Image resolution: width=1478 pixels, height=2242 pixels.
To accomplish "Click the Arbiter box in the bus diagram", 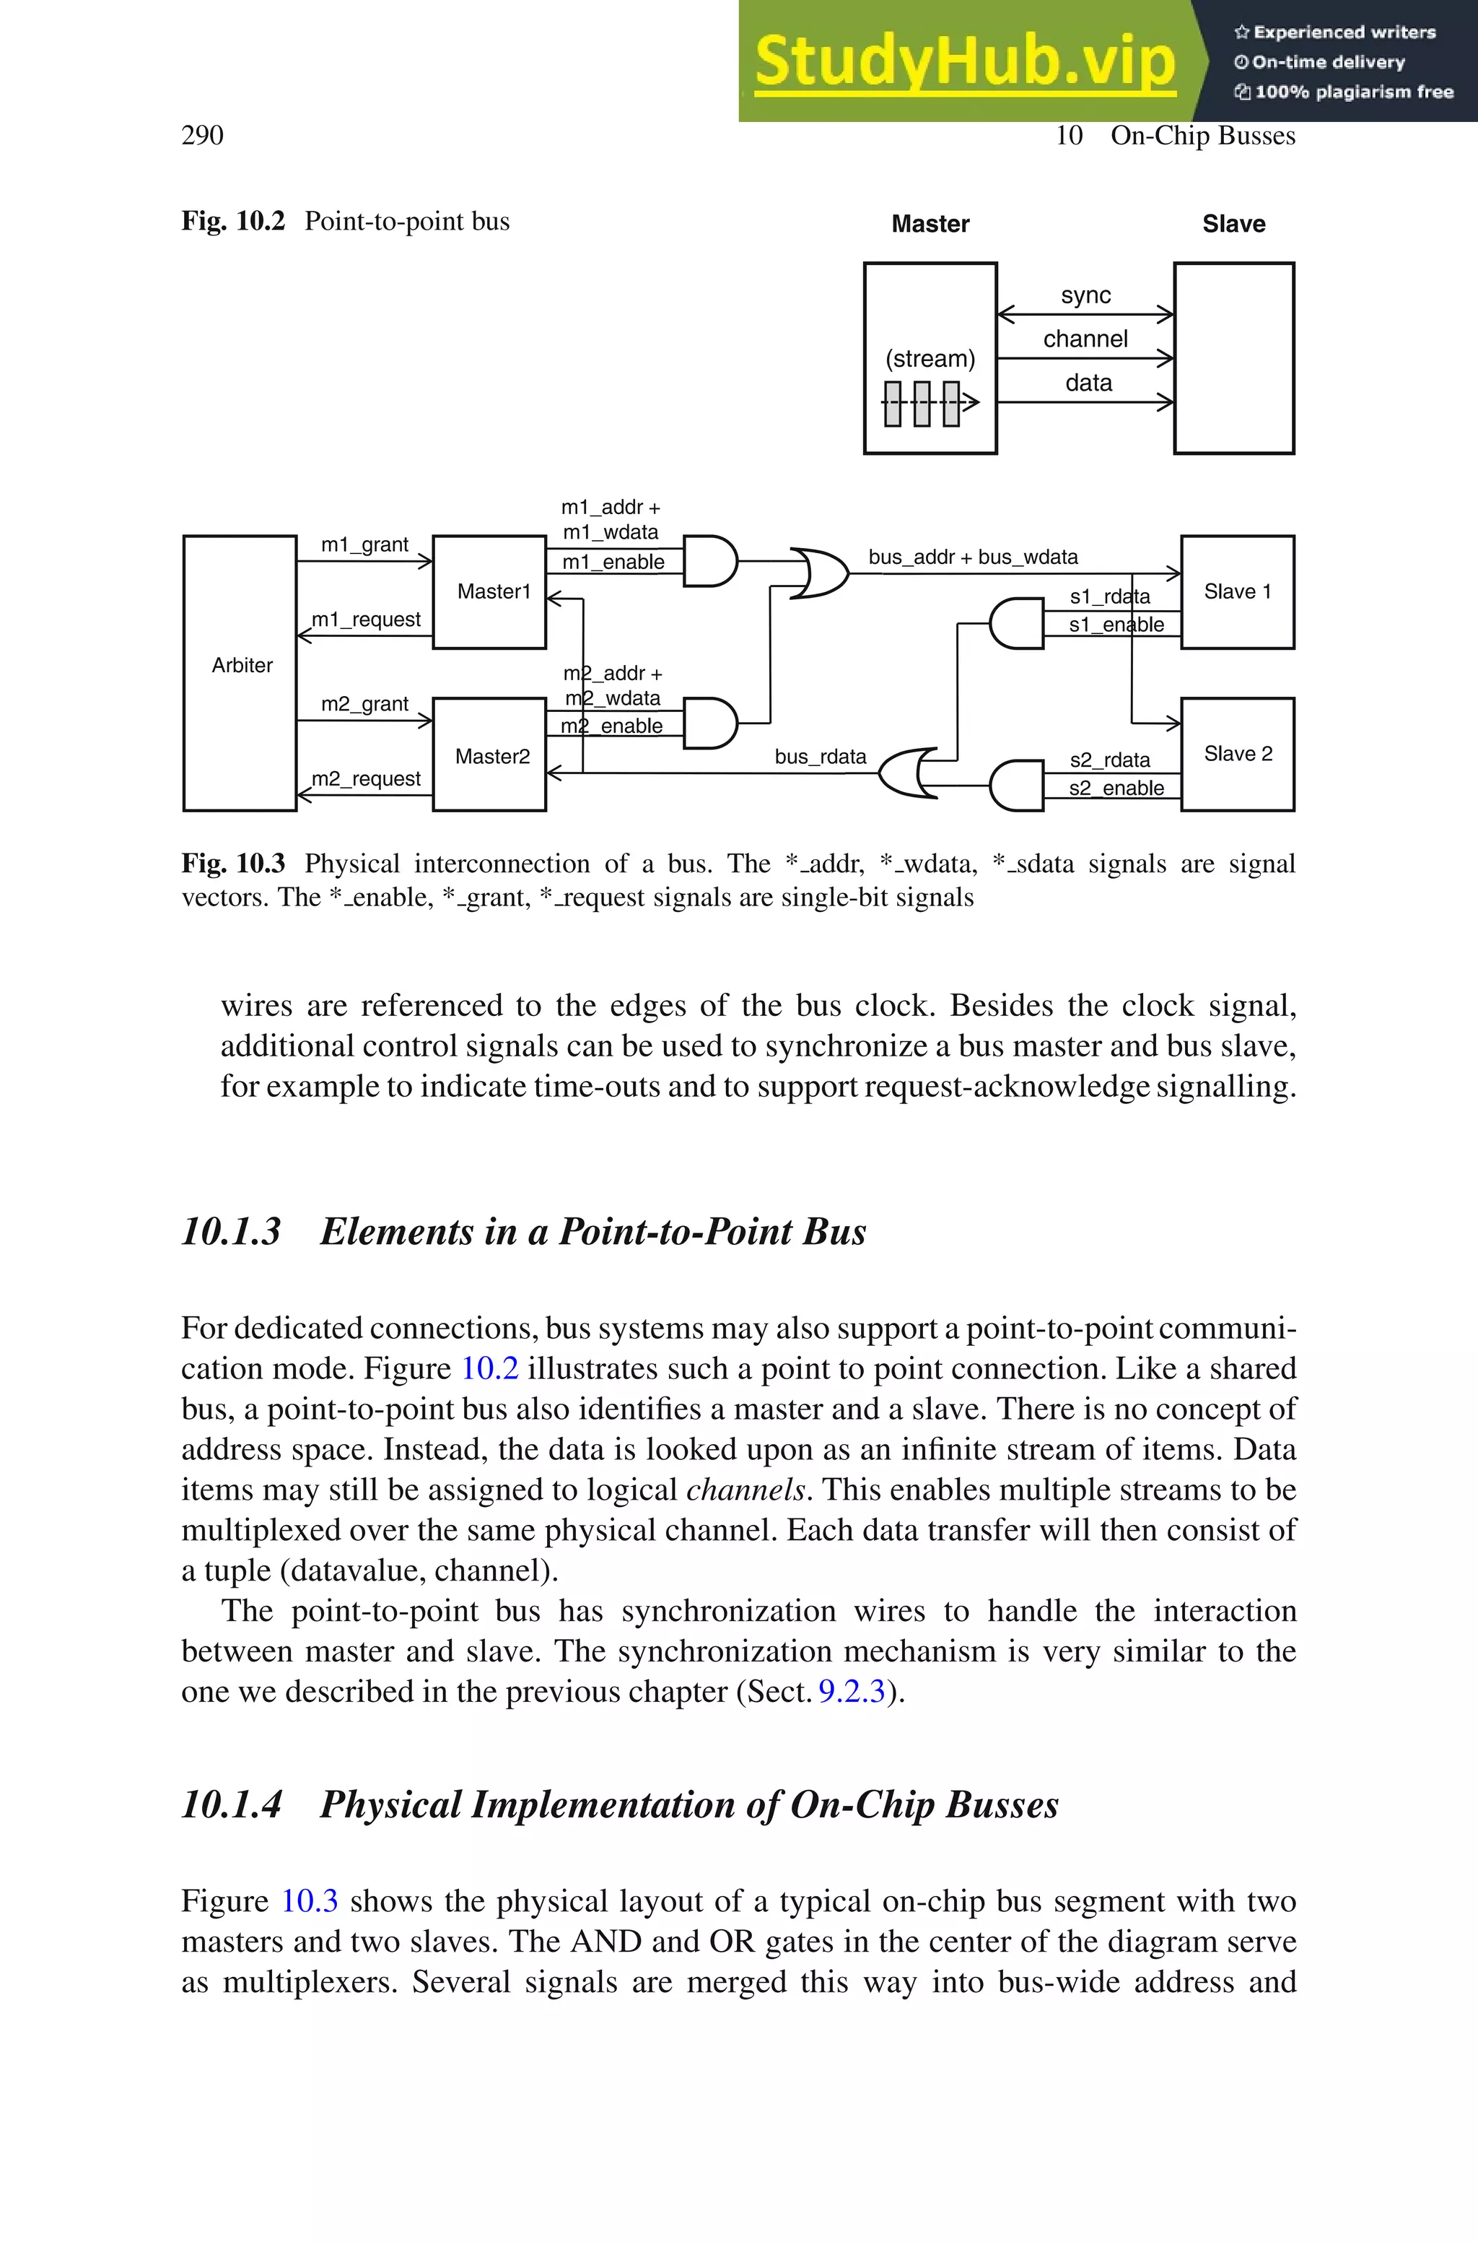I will click(240, 672).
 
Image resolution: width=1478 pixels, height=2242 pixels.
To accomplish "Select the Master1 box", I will click(490, 591).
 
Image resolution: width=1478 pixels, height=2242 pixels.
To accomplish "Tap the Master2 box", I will click(490, 755).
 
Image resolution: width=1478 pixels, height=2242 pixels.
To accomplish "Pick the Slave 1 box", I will click(1237, 591).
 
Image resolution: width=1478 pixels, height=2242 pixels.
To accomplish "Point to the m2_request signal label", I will click(366, 779).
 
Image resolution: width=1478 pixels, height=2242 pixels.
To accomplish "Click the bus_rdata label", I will click(820, 756).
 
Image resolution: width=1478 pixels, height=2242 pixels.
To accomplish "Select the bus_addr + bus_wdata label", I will click(973, 557).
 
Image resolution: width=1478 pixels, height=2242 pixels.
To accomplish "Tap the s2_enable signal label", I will click(1116, 788).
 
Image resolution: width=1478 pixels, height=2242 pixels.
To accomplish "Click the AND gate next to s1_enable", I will click(1016, 623).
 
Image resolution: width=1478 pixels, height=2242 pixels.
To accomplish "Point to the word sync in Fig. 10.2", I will click(1085, 295).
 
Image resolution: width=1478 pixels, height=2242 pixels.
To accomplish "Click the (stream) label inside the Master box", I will click(930, 358).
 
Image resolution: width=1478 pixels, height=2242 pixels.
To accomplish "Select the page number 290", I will click(202, 135).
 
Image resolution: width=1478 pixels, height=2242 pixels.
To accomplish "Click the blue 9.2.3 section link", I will click(851, 1690).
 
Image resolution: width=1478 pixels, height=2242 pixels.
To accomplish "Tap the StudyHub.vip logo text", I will click(964, 61).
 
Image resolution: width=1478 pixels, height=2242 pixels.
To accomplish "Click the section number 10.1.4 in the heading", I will click(231, 1804).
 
